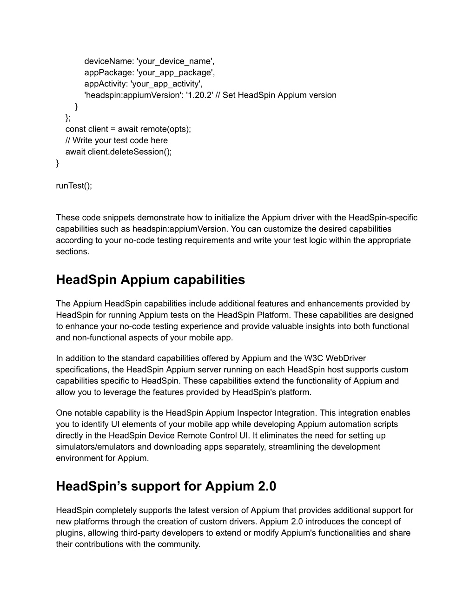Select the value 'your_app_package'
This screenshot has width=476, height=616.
click(x=175, y=72)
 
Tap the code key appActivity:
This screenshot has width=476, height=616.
click(x=106, y=84)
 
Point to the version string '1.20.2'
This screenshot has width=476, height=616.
click(x=199, y=95)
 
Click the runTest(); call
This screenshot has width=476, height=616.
click(x=74, y=185)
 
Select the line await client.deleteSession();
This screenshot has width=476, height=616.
click(x=119, y=152)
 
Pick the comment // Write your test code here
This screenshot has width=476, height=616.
click(x=116, y=140)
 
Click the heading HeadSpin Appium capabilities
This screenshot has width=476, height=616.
click(x=150, y=280)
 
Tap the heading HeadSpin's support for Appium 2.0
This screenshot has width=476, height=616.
click(x=166, y=486)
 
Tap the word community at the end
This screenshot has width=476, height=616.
click(x=180, y=544)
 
